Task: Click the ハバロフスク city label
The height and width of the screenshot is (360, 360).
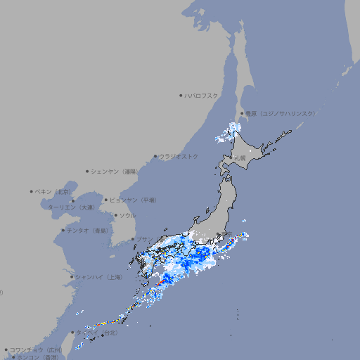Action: click(x=202, y=95)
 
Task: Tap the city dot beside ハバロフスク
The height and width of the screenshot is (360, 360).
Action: click(x=181, y=95)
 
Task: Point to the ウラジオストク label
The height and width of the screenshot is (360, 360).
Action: click(x=179, y=156)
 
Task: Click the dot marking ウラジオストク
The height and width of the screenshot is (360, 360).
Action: click(x=155, y=157)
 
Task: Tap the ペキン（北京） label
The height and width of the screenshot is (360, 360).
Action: click(x=54, y=191)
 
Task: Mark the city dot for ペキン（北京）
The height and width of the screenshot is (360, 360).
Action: click(x=32, y=191)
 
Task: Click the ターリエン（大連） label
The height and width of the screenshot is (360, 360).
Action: click(x=71, y=208)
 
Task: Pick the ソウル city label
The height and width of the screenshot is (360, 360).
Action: click(x=127, y=215)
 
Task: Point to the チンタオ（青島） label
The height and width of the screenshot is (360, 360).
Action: click(x=87, y=230)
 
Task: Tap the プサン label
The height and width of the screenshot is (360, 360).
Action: click(x=144, y=239)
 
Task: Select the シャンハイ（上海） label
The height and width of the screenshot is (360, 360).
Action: click(x=98, y=277)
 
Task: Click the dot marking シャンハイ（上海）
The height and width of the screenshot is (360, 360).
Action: click(x=72, y=277)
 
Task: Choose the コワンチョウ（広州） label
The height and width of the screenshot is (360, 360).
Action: click(x=36, y=349)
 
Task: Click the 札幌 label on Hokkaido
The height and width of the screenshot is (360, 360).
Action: click(x=240, y=158)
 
